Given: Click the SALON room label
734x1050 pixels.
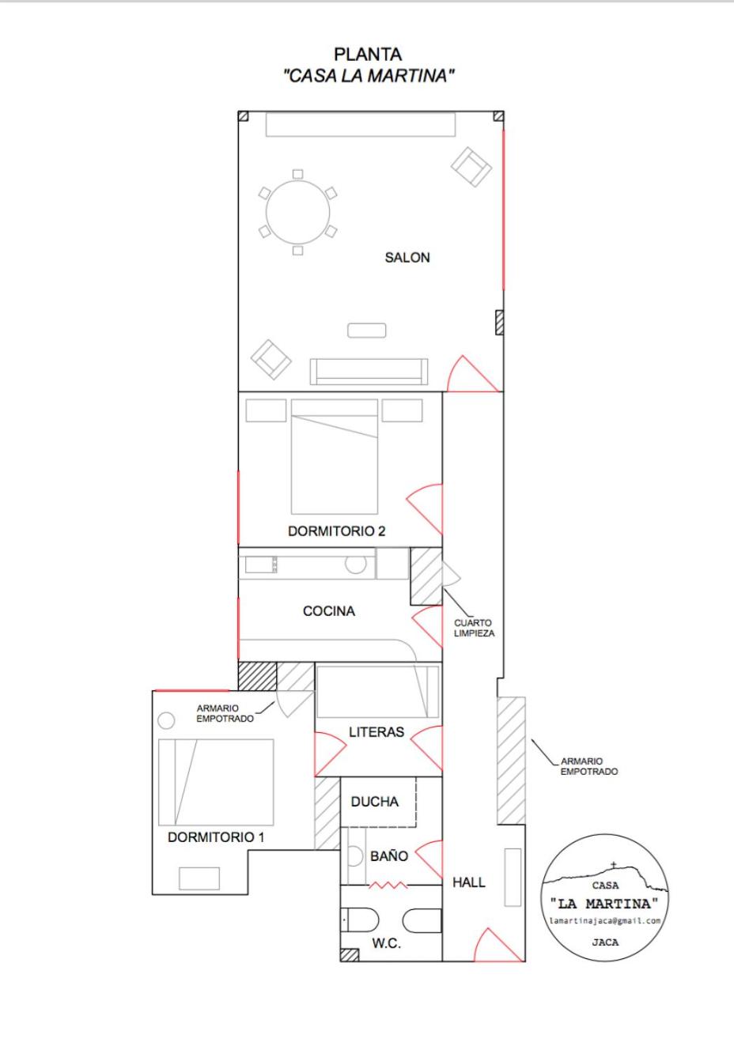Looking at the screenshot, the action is pyautogui.click(x=407, y=257).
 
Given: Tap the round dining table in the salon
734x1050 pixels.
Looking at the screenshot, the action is pyautogui.click(x=298, y=213).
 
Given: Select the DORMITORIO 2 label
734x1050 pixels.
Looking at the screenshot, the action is pyautogui.click(x=336, y=531).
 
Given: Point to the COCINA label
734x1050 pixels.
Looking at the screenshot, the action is pyautogui.click(x=329, y=611).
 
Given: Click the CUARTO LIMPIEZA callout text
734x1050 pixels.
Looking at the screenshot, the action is pyautogui.click(x=474, y=628).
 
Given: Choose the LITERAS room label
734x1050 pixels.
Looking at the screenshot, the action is pyautogui.click(x=376, y=732).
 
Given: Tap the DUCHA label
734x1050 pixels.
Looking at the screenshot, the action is pyautogui.click(x=375, y=802).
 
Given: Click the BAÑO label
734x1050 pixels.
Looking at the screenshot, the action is pyautogui.click(x=389, y=856).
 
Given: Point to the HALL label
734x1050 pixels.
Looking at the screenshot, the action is pyautogui.click(x=468, y=882).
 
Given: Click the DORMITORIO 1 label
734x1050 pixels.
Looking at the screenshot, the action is pyautogui.click(x=216, y=837).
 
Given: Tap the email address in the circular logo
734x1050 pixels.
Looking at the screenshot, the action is pyautogui.click(x=605, y=921).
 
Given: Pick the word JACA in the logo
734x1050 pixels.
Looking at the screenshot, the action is pyautogui.click(x=605, y=942).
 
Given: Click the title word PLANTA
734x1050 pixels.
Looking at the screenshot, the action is pyautogui.click(x=368, y=55).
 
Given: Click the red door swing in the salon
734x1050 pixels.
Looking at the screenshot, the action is pyautogui.click(x=472, y=374).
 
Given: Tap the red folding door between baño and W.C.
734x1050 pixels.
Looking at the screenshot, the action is pyautogui.click(x=389, y=885).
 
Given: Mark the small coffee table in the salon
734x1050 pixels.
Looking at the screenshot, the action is pyautogui.click(x=367, y=330).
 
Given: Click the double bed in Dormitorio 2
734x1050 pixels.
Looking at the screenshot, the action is pyautogui.click(x=335, y=456).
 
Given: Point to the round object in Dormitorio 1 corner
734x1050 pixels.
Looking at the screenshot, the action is pyautogui.click(x=166, y=720).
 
